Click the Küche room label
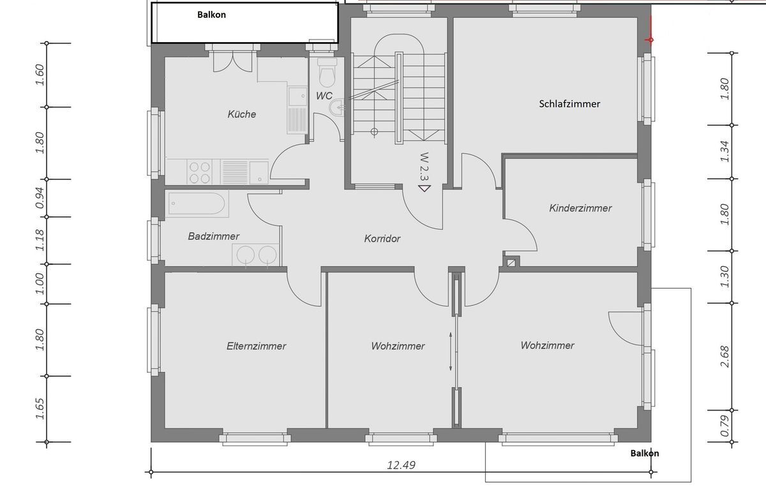242,114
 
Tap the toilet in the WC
327,73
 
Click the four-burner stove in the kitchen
200,171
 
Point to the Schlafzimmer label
569,103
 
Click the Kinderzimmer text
580,208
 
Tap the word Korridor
382,239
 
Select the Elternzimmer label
256,346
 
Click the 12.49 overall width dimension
402,465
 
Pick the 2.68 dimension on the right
724,357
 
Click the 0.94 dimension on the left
40,198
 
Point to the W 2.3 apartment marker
424,169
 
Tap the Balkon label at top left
211,15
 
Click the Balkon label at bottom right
645,453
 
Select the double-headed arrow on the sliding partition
451,351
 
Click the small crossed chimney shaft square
511,261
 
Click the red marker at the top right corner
650,39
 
